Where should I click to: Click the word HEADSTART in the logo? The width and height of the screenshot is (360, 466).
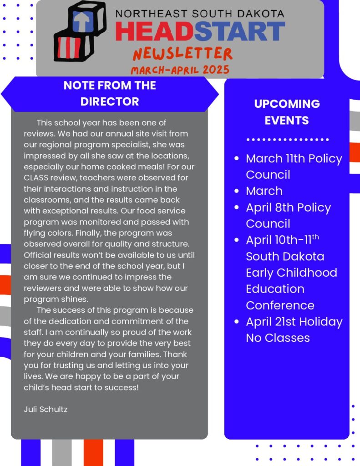200,32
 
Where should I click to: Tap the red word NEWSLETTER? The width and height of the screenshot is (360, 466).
183,54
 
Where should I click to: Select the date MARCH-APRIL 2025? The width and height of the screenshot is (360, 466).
180,70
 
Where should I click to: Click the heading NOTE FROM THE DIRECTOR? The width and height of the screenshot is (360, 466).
110,93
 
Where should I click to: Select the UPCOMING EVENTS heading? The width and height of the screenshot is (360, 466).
287,112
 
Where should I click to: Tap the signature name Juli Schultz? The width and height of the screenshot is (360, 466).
46,409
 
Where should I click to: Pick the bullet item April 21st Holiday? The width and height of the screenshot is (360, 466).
294,322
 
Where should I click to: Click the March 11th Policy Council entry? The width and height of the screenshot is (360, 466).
294,166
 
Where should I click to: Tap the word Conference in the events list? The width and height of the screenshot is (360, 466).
280,305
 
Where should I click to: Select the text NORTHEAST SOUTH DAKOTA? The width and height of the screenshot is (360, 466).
200,13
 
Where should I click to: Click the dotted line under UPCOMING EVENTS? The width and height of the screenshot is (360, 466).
287,140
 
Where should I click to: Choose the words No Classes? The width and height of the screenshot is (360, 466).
278,338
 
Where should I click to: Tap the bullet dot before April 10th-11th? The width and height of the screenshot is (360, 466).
236,240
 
